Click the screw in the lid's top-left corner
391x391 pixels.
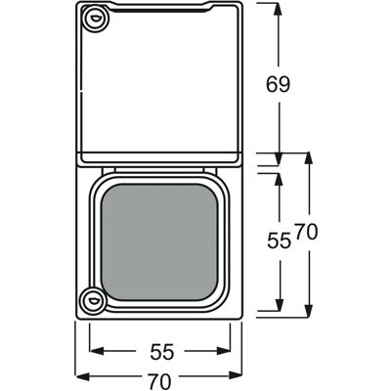pyautogui.click(x=95, y=19)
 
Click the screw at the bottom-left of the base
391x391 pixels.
pyautogui.click(x=94, y=300)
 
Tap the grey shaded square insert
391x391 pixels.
pyautogui.click(x=159, y=242)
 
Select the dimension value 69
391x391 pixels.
pyautogui.click(x=278, y=85)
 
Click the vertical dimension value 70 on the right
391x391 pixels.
pyautogui.click(x=306, y=233)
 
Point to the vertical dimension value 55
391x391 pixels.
pyautogui.click(x=279, y=241)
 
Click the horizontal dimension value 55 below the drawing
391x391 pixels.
pyautogui.click(x=162, y=352)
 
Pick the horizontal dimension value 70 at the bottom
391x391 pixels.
pyautogui.click(x=159, y=380)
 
